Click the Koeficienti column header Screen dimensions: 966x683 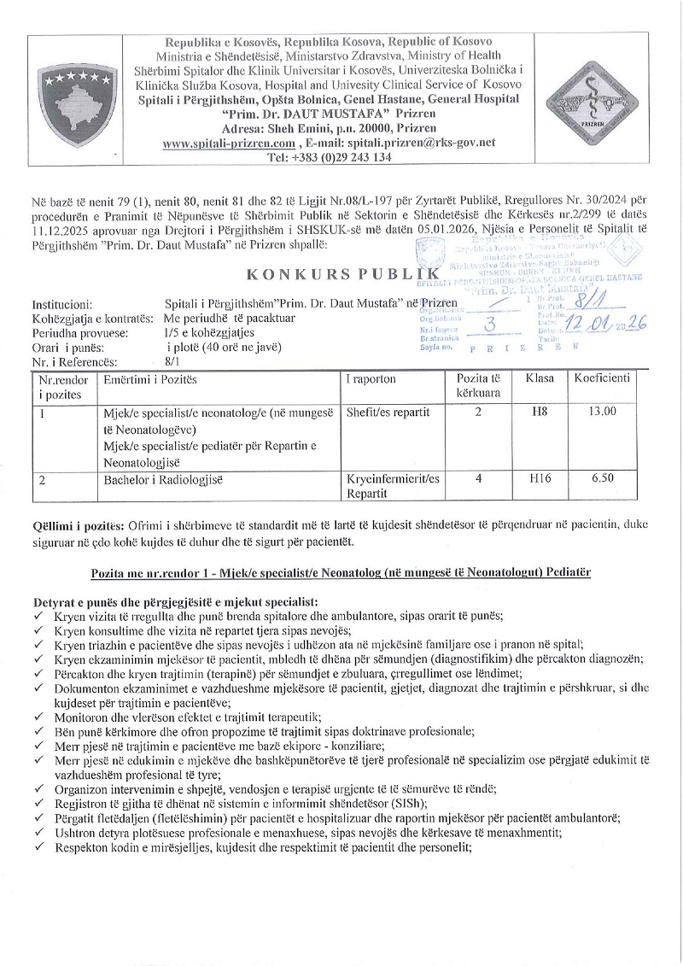pyautogui.click(x=602, y=378)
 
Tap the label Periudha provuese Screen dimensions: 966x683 pyautogui.click(x=80, y=332)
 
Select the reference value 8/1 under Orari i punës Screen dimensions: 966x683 pyautogui.click(x=174, y=361)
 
